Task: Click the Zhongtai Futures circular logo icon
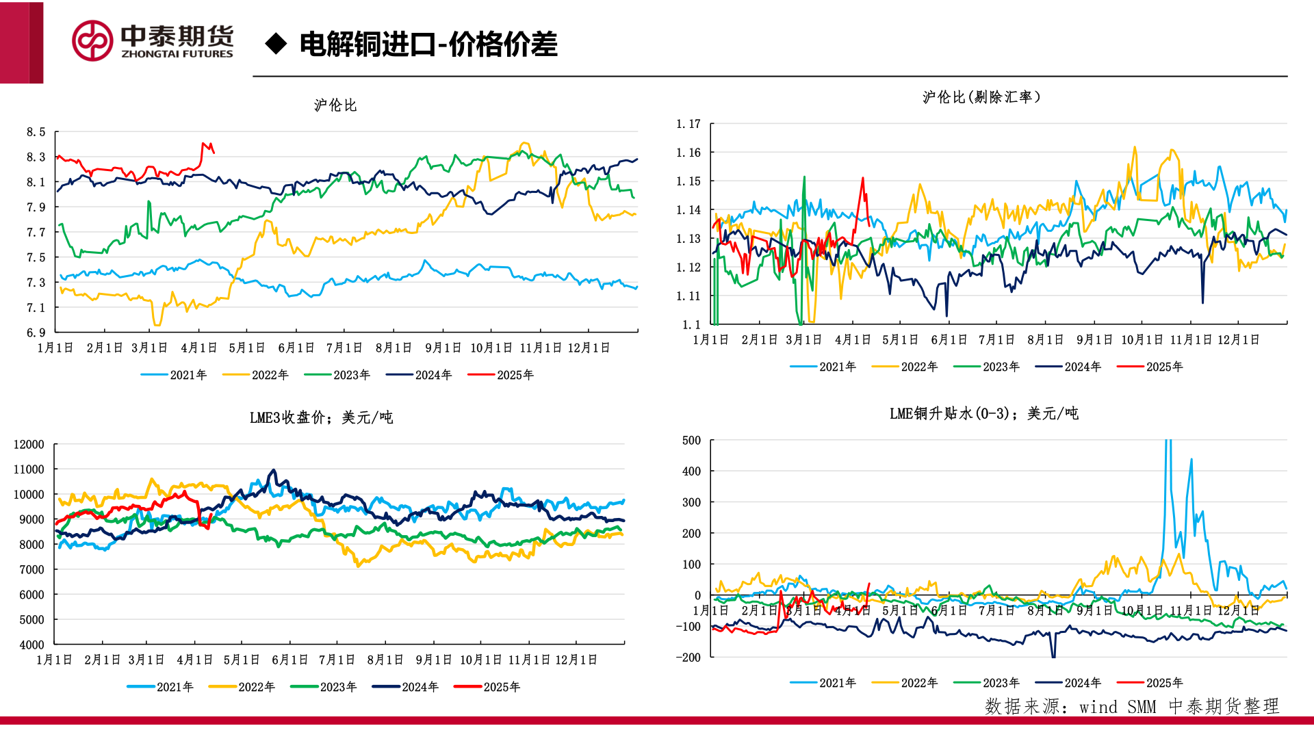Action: pos(92,41)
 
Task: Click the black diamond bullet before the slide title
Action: pos(276,44)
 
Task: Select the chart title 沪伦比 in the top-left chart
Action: pos(335,105)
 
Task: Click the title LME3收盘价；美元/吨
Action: pos(321,417)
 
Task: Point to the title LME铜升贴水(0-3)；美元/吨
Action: pos(983,413)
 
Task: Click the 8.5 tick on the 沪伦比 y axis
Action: pos(36,132)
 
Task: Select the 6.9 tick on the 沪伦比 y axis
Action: pos(36,333)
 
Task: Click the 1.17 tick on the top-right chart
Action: pos(688,124)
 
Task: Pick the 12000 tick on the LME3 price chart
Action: pos(29,445)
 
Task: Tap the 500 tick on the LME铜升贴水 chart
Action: pos(691,441)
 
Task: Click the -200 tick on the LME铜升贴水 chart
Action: pos(688,658)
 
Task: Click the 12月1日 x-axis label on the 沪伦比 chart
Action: pos(589,348)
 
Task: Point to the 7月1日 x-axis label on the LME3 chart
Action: pos(337,660)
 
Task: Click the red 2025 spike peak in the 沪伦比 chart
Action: pos(203,144)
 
